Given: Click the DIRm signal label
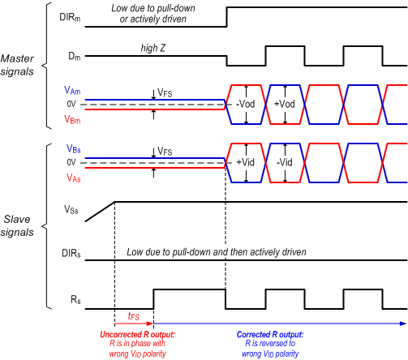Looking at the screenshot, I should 68,16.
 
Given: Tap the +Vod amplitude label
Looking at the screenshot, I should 286,105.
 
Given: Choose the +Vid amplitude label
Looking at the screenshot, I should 246,161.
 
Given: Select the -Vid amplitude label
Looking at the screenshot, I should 286,161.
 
